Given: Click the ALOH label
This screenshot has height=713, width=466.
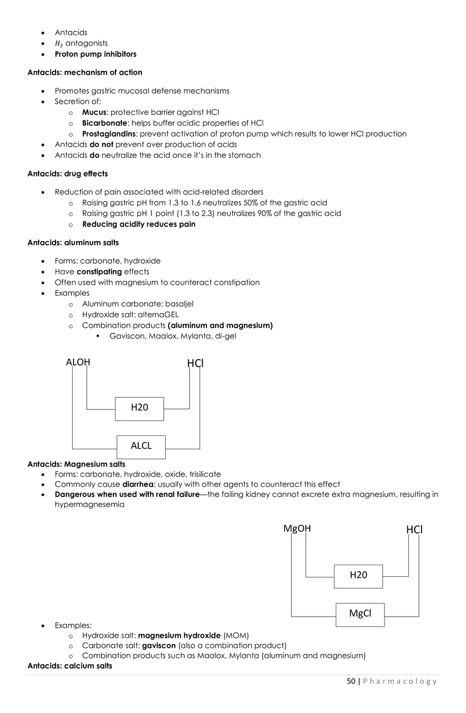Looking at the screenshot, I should [x=78, y=362].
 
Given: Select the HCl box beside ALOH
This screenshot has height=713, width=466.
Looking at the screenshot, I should [x=196, y=363].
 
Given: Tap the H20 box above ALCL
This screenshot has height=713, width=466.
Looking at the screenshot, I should [x=139, y=408].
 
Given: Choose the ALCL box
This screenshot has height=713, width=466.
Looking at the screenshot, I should [x=141, y=446].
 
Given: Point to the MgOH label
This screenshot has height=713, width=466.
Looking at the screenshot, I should [x=297, y=529].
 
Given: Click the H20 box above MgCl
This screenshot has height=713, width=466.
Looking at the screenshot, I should [x=359, y=575].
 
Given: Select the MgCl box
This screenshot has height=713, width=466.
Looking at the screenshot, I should [x=360, y=614].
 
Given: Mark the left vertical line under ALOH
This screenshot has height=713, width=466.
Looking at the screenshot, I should [x=72, y=373].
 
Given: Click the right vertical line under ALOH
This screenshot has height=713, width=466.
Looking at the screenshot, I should [x=86, y=373].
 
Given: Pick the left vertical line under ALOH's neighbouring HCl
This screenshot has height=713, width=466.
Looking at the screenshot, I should [x=190, y=373].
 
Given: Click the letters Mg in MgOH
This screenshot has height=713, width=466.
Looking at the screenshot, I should [x=290, y=529].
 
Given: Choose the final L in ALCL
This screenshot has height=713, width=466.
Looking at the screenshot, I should [x=149, y=446].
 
